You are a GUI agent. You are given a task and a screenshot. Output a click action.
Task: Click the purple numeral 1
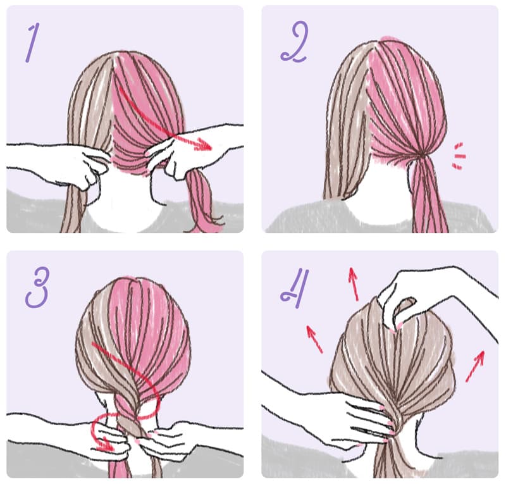[x=32, y=42]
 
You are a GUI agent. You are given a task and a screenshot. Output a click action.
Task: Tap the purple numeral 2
[x=295, y=41]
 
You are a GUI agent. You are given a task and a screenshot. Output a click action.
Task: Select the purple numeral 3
[x=37, y=287]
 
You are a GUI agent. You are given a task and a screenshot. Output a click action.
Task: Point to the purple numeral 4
[x=295, y=288]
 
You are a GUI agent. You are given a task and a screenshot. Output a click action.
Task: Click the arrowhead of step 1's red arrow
[x=204, y=144]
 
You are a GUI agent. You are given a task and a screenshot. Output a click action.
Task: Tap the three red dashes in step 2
[x=459, y=156]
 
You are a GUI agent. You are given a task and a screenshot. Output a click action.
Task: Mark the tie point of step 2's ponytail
[x=421, y=156]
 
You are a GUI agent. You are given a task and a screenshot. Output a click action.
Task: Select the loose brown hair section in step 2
[x=347, y=123]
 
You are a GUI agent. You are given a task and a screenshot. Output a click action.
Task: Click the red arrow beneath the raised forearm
[x=475, y=366]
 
